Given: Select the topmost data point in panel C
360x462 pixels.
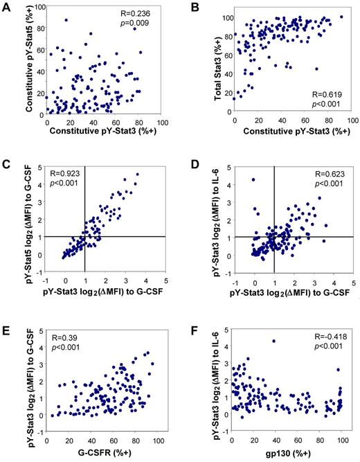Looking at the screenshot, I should (136, 175).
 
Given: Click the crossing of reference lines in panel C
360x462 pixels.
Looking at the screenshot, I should (84, 237).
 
